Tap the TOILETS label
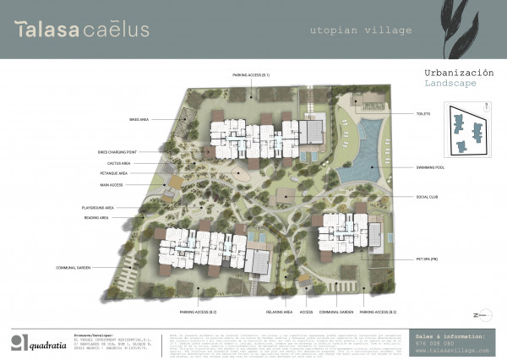[422, 113]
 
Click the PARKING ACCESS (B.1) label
[252, 75]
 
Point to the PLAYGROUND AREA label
[98, 207]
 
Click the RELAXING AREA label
[279, 312]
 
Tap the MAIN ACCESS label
[112, 183]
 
